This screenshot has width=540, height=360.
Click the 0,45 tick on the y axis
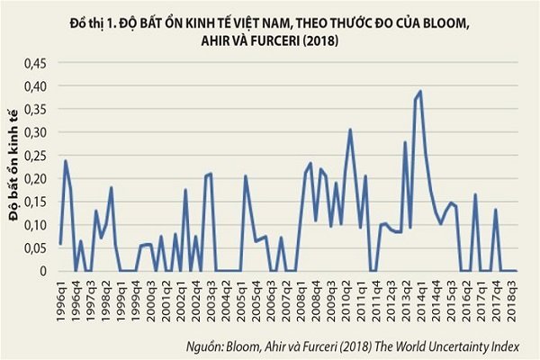33,64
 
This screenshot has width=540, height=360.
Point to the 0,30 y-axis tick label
33,132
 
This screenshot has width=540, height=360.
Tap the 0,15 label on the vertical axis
33,202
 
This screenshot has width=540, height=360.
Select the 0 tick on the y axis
40,271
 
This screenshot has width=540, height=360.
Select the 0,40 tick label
33,86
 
